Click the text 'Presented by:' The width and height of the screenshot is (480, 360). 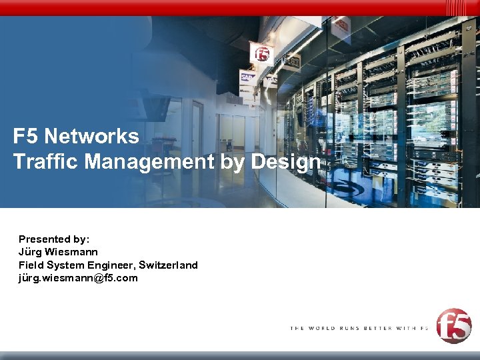point(54,239)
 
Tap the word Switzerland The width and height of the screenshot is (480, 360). point(168,265)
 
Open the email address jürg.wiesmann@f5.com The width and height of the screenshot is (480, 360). point(78,278)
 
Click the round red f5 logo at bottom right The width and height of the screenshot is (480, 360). point(453,326)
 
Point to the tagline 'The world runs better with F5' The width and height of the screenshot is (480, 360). point(359,328)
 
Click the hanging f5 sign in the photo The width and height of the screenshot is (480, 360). point(261,53)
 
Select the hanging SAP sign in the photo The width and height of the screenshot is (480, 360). point(248,77)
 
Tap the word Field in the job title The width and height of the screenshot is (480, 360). point(30,265)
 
